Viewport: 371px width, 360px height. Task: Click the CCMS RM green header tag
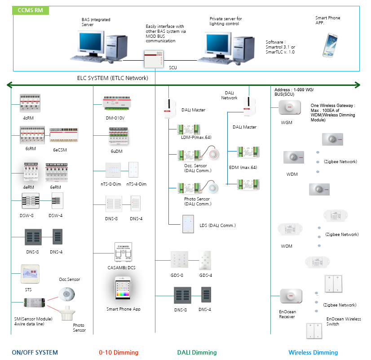coord(31,10)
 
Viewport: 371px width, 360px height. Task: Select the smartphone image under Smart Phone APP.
coord(333,43)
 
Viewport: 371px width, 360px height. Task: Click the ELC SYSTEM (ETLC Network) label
coord(113,78)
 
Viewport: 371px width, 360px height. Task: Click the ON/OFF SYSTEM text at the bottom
coord(35,352)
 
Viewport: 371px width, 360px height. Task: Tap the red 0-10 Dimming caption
coord(119,352)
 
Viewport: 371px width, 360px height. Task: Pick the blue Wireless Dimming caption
coord(313,352)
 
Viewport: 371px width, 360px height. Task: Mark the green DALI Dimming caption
coord(197,352)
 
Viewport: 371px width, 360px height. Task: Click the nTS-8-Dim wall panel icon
coord(110,171)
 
